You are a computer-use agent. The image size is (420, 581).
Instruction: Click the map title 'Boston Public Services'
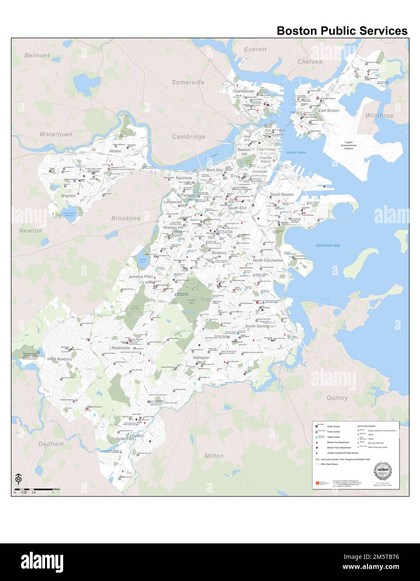(342, 31)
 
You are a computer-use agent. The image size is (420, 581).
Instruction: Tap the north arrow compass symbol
(18, 477)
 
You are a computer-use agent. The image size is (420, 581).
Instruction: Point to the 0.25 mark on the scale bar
(24, 492)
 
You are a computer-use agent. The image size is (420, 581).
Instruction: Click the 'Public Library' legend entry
(333, 426)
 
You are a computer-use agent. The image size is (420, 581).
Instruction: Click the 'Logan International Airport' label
(348, 145)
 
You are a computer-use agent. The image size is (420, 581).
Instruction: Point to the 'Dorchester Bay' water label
(328, 245)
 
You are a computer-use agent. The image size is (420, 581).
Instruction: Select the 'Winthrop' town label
(379, 115)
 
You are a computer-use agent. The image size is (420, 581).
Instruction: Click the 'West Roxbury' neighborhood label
(59, 359)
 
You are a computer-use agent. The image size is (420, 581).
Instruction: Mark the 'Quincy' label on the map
(337, 398)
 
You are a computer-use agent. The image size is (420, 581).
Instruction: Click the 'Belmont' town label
(37, 55)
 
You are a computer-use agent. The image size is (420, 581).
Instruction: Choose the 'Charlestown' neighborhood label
(243, 91)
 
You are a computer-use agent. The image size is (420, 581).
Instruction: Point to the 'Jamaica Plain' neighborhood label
(141, 277)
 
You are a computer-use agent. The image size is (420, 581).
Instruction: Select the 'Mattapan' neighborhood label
(201, 358)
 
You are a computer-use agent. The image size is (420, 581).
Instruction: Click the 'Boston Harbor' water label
(297, 153)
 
